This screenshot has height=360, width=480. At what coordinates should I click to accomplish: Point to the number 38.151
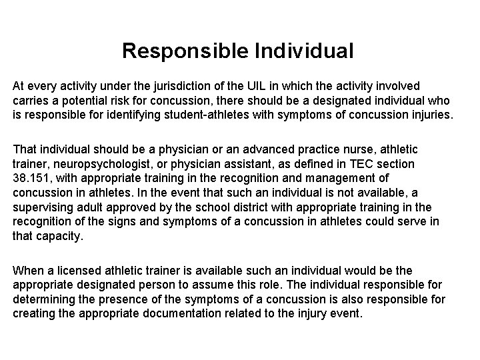30,179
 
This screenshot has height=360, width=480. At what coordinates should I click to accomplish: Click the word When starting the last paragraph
27,270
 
